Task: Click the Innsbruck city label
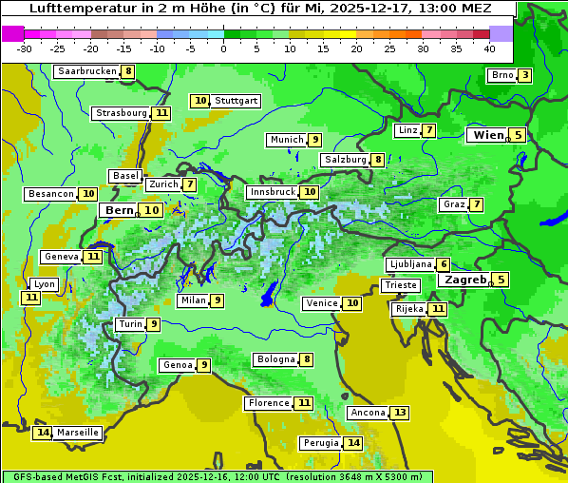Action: point(273,192)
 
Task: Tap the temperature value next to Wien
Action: point(517,135)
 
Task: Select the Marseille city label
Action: point(77,433)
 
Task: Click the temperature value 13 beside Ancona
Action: point(400,413)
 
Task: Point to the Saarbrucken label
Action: point(87,71)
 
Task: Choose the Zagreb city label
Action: point(464,280)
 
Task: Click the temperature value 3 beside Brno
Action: point(523,76)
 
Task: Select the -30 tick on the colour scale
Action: point(25,48)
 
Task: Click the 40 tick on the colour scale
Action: point(489,48)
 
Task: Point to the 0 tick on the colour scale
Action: point(224,48)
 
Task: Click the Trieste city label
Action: point(399,285)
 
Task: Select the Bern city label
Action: point(120,210)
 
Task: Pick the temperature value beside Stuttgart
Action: point(199,101)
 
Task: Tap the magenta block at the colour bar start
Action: point(12,33)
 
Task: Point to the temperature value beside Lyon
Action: point(31,298)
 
